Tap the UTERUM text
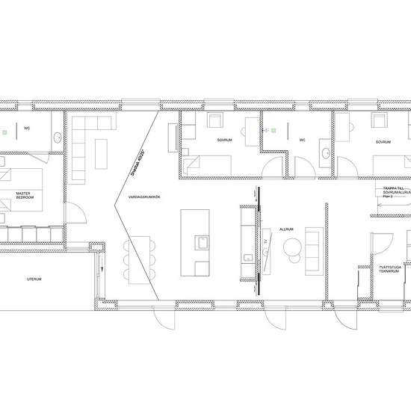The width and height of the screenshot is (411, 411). click(x=33, y=279)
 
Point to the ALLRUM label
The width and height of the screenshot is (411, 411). click(x=285, y=229)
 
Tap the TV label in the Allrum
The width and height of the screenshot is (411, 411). click(x=266, y=243)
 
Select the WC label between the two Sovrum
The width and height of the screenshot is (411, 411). click(x=302, y=140)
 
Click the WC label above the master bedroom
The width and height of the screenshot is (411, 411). click(x=27, y=127)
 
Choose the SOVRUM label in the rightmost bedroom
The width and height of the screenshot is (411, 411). click(x=383, y=140)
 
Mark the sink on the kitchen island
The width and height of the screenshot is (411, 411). click(x=200, y=242)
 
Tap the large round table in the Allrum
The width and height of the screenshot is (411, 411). click(x=292, y=246)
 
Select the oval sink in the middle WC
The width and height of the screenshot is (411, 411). click(x=325, y=155)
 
